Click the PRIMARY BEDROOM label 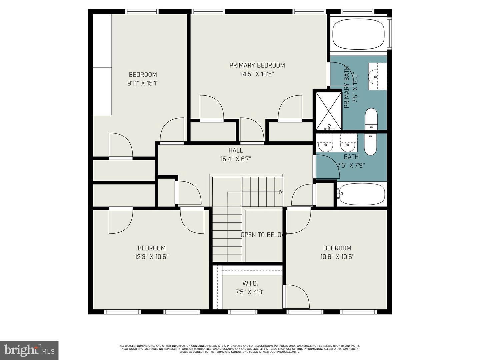point(257,65)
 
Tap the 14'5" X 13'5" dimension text point(257,74)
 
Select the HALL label point(235,150)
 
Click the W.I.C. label point(250,283)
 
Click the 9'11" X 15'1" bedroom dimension point(143,83)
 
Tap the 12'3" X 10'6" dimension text point(152,257)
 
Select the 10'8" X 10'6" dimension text point(337,257)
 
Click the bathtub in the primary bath point(359,34)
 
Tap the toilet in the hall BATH point(370,144)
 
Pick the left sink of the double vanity point(325,145)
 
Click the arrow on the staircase point(281,192)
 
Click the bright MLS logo point(29,350)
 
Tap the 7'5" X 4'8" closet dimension point(250,292)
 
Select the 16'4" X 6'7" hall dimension point(235,159)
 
